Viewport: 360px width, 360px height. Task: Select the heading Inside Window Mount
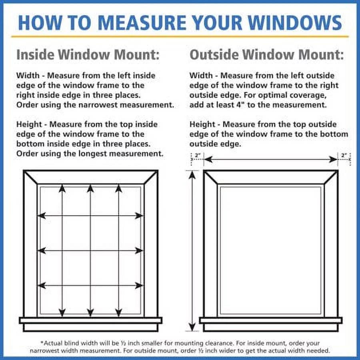tap(88, 55)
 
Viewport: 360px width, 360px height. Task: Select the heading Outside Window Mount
tap(266, 55)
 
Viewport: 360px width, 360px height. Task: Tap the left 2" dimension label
tap(197, 155)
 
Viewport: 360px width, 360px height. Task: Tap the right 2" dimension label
tap(344, 155)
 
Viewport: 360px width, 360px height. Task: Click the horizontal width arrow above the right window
tap(271, 160)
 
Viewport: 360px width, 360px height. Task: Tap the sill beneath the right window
tap(271, 320)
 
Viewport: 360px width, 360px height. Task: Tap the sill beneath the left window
tap(90, 320)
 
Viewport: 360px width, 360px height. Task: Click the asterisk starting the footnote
tap(42, 343)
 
